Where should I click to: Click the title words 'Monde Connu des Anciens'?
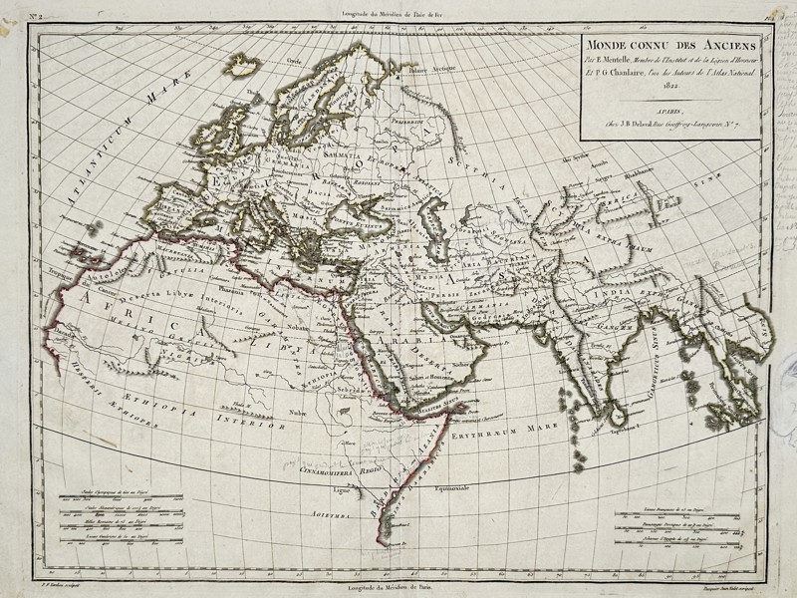point(672,46)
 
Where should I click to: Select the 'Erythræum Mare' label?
point(500,436)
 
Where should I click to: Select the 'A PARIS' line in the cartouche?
point(673,113)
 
